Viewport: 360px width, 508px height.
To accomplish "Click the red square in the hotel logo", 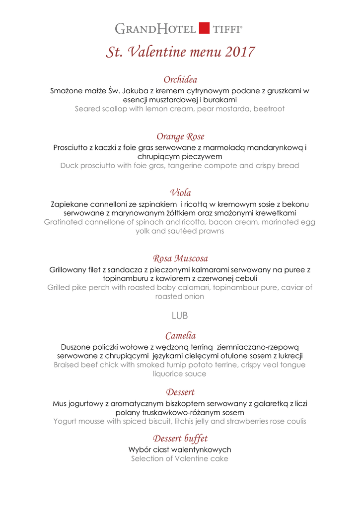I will tap(204, 28).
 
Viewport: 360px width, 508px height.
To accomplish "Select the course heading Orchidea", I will tap(180, 79).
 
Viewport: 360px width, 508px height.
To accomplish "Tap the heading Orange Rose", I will tap(180, 136).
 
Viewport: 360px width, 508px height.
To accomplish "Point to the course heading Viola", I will tap(180, 192).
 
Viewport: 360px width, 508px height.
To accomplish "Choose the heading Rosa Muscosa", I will tap(180, 258).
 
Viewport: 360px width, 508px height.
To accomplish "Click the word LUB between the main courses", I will tap(180, 315).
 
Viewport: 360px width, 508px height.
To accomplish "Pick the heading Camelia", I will tap(180, 335).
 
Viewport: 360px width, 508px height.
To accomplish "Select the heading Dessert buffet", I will tap(180, 439).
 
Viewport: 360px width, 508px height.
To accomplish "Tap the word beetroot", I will tap(269, 109).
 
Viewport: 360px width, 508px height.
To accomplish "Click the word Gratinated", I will tap(65, 222).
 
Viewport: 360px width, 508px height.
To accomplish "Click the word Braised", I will tap(70, 365).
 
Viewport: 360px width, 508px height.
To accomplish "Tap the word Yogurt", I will tap(66, 421).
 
